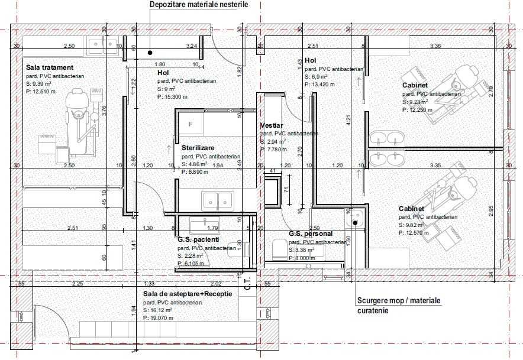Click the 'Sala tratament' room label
tap(49, 68)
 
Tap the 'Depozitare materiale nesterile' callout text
tap(199, 5)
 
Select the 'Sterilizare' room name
tap(198, 147)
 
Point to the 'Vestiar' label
tap(272, 126)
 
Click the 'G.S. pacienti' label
tap(198, 240)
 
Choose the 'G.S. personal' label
tap(311, 233)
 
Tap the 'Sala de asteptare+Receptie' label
tap(187, 293)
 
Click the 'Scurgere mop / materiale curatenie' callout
tap(399, 305)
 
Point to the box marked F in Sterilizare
tap(191, 124)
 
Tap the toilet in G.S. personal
tap(277, 248)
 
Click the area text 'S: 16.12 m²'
tap(157, 310)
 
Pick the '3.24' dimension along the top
tap(191, 46)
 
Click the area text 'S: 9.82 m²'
tap(417, 225)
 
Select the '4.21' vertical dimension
tap(349, 121)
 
